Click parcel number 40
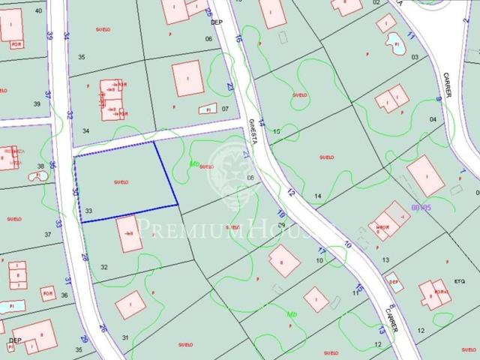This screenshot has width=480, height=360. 38,11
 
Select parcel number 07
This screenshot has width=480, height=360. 224,108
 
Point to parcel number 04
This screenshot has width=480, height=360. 433,119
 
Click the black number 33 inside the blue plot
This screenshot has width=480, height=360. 88,211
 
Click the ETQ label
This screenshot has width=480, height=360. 460,280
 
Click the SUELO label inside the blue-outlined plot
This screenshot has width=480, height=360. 121,181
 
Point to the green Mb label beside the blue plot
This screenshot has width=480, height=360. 195,163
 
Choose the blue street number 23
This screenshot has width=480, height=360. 230,87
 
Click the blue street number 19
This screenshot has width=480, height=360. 280,213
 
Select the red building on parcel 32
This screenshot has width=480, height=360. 129,234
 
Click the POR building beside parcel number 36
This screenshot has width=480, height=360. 47,292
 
